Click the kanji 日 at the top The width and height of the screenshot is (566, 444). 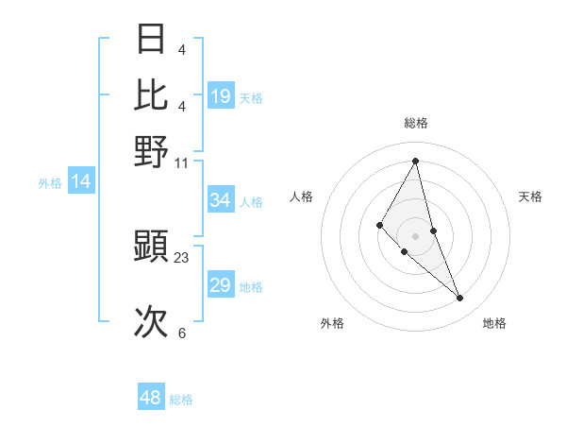coord(151,40)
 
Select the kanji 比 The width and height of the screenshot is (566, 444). coord(151,94)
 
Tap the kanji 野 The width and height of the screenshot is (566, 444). coord(151,151)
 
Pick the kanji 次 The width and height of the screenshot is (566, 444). coord(151,321)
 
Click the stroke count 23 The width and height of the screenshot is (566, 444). coord(182,257)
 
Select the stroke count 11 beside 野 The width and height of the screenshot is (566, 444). coord(182,162)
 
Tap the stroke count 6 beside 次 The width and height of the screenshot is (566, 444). coord(182,333)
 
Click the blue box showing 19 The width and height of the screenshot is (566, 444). coord(220,96)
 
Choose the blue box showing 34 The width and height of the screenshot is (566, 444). coord(220,200)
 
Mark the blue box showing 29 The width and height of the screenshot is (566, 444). coord(220,285)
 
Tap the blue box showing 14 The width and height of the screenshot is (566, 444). coord(81,182)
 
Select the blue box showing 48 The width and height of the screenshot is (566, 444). coord(151,398)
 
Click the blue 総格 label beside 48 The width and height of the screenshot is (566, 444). coord(181,400)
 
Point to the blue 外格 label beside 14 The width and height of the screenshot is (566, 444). coord(50,183)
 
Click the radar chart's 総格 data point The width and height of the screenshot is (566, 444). coord(415,161)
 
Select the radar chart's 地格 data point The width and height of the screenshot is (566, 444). coord(460,299)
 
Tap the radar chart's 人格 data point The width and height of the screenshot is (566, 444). coord(380,225)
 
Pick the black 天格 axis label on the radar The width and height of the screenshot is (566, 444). coord(531,196)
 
